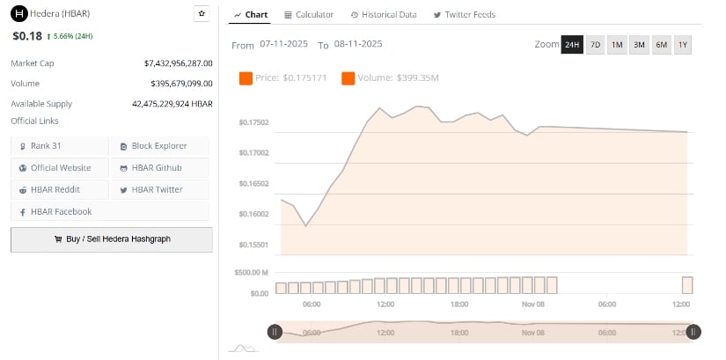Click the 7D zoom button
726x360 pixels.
595,45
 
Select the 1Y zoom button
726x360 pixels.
683,45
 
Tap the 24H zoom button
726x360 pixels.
572,45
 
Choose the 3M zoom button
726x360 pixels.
639,45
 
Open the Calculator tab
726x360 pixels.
309,15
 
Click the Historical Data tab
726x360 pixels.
384,15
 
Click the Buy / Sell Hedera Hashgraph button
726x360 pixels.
112,239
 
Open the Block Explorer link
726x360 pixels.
159,145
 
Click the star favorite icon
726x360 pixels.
202,14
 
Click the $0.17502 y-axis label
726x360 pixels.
253,122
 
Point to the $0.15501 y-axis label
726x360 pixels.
253,244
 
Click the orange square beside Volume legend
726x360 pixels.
348,78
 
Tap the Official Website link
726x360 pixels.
61,167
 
